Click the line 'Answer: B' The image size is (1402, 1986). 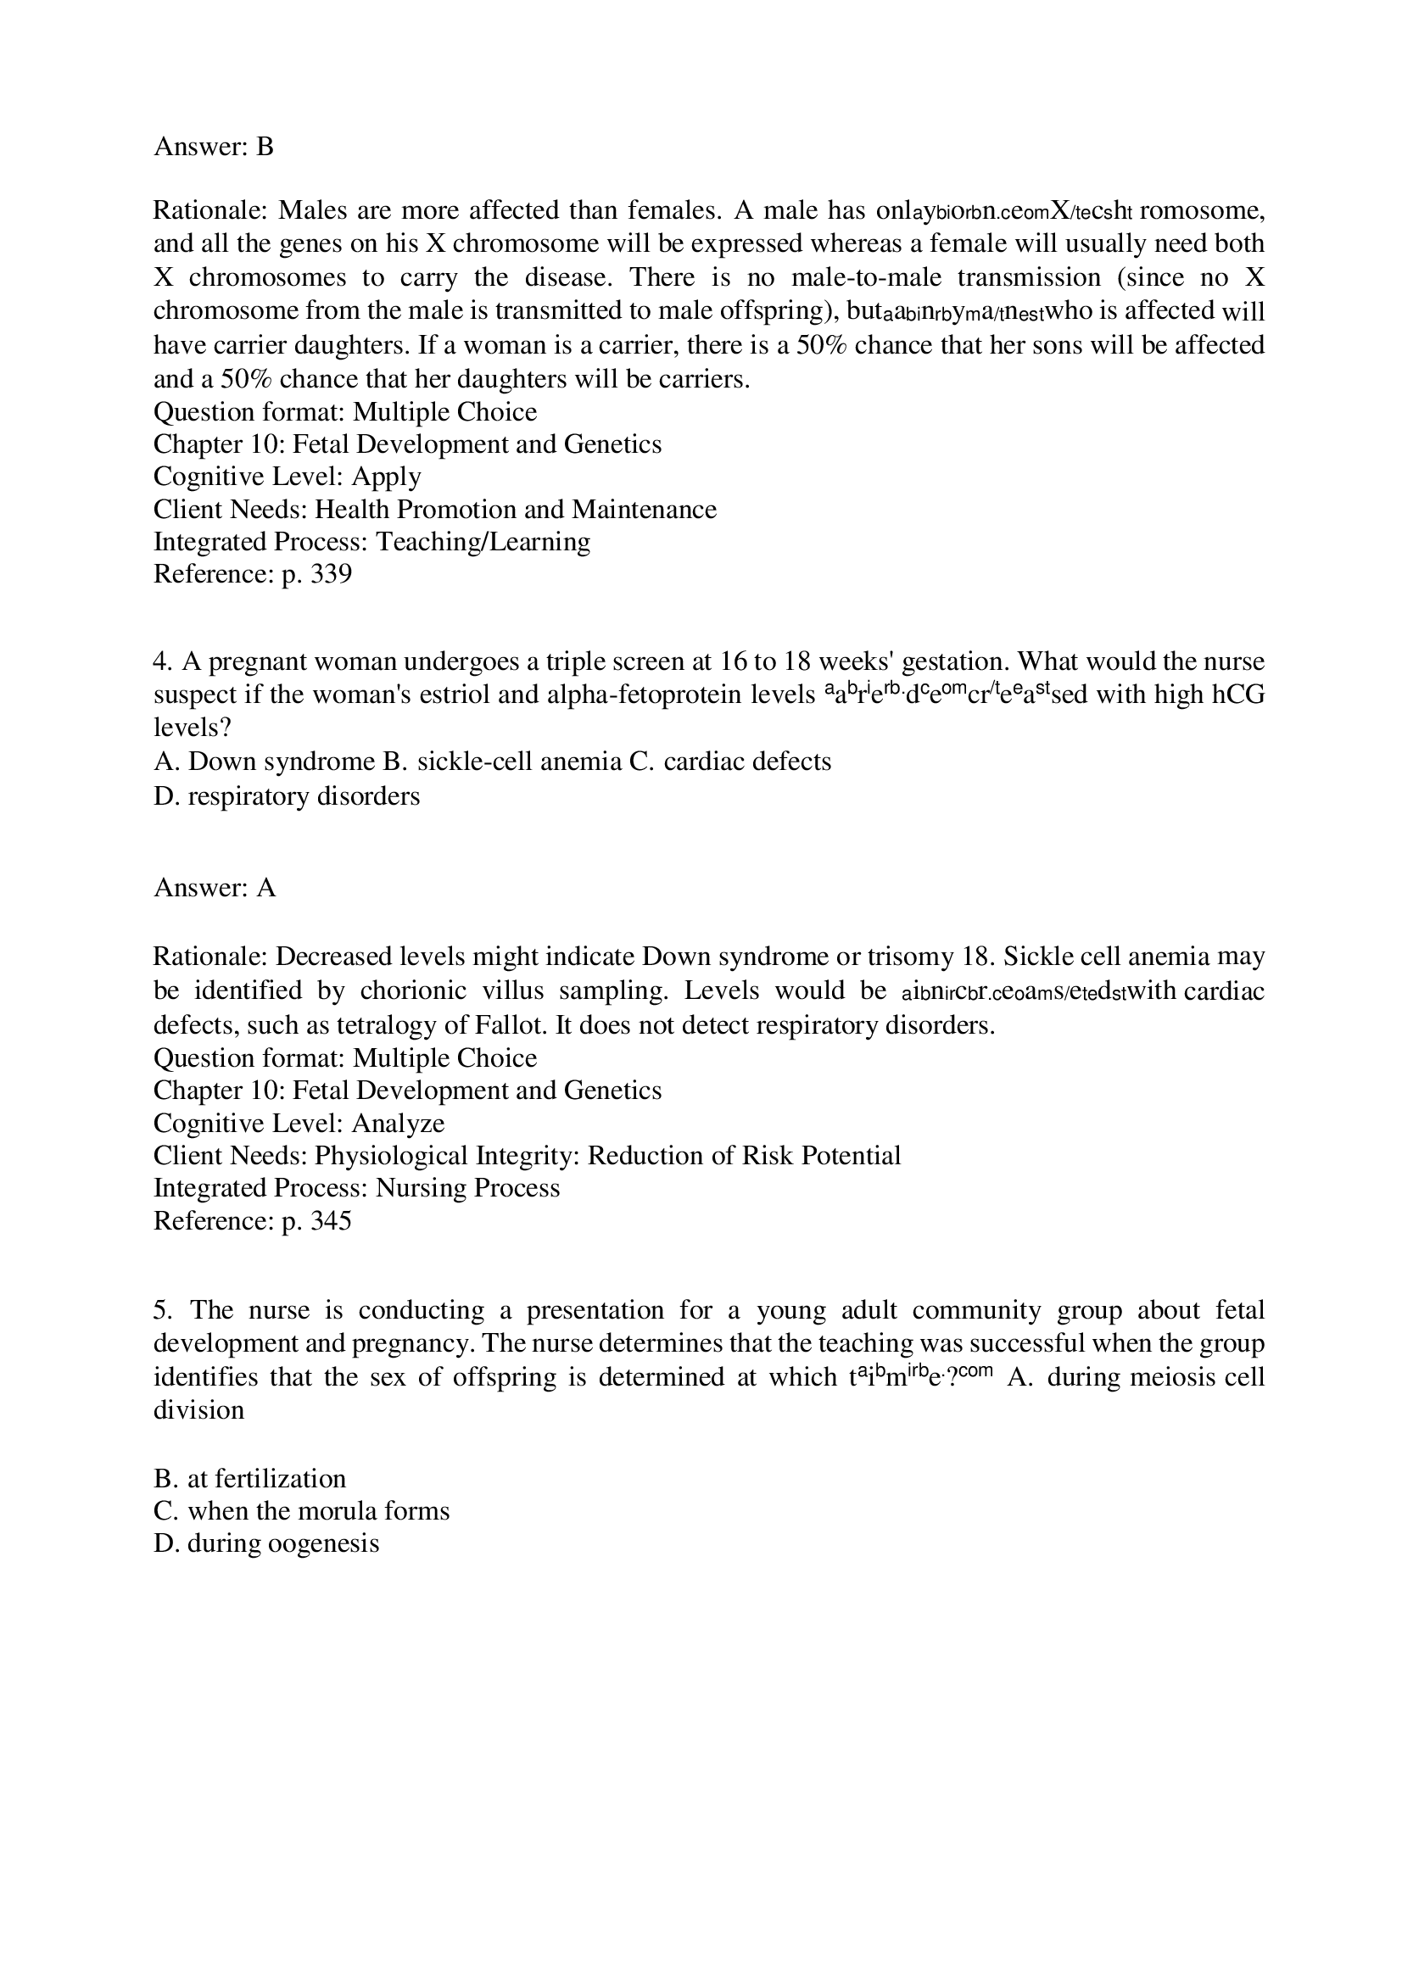[x=213, y=147]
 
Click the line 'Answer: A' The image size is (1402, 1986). [x=214, y=888]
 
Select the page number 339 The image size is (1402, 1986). [x=331, y=574]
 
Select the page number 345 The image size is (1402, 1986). [x=331, y=1220]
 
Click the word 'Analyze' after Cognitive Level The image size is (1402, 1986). [x=398, y=1123]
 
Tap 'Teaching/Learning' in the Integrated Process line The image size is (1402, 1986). [x=483, y=542]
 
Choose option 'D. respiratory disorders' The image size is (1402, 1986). [x=287, y=795]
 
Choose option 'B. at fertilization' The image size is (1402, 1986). [x=249, y=1478]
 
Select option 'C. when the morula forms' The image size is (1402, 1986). [x=301, y=1511]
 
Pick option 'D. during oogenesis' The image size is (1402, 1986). [x=266, y=1543]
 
